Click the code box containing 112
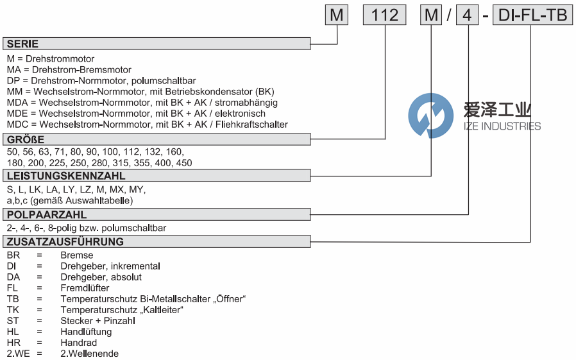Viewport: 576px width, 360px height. point(385,15)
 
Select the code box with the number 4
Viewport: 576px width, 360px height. point(467,15)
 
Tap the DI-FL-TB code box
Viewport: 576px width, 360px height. point(532,15)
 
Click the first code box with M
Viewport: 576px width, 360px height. point(337,15)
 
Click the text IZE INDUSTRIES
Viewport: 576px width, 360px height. point(502,126)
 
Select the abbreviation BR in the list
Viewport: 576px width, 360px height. point(13,255)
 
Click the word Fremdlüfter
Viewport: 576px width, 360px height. point(85,288)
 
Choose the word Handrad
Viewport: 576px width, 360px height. point(78,343)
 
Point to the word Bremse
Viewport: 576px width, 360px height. point(76,255)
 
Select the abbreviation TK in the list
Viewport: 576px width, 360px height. point(12,310)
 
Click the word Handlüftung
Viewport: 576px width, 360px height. point(86,332)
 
